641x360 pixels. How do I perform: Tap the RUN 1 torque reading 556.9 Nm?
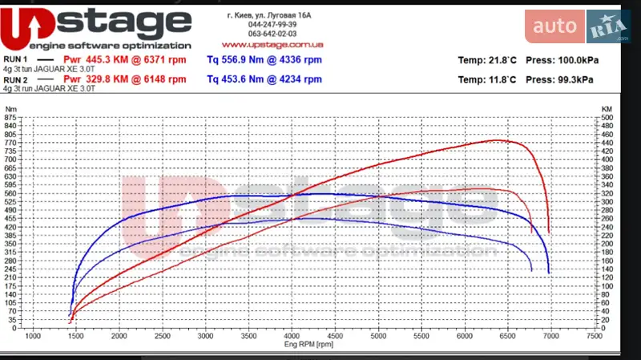coord(238,59)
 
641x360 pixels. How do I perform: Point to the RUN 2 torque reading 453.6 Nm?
coord(238,79)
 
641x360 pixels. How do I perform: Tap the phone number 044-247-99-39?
coord(267,25)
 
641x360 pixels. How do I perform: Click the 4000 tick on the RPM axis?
coord(291,335)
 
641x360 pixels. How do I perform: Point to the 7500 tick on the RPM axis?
coord(593,335)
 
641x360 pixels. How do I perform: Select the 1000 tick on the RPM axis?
coord(33,335)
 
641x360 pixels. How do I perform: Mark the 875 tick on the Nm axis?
coord(10,118)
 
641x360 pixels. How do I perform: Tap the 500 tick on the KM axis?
coord(607,118)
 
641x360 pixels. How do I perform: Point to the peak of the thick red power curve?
coord(498,140)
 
